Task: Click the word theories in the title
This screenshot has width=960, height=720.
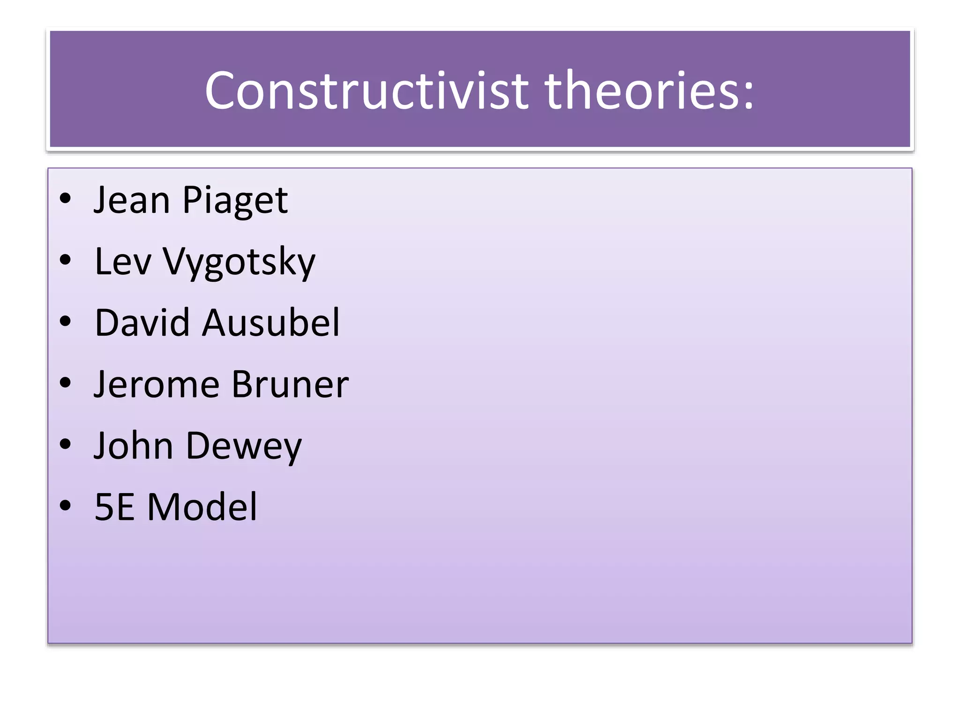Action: point(640,90)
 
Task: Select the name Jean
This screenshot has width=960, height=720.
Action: point(132,200)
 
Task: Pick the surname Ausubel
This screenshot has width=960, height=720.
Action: point(270,322)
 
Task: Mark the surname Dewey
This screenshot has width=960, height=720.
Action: point(244,446)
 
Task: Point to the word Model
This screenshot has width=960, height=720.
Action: point(202,507)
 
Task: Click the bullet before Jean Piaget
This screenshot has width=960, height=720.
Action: point(65,199)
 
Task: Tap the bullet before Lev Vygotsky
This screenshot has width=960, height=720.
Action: point(65,260)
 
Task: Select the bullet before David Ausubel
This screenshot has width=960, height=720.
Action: point(65,322)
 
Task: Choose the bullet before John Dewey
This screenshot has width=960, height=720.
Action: point(65,444)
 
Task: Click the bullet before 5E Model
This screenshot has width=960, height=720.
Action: point(65,506)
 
